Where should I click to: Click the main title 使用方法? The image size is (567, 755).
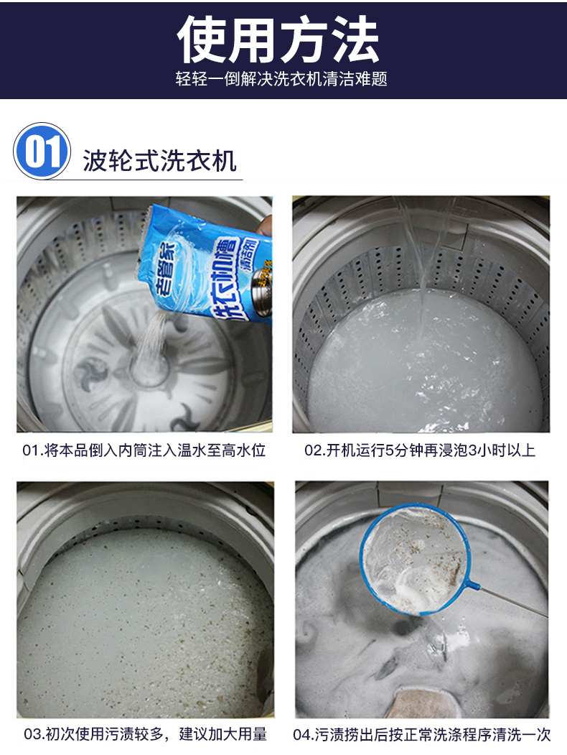coord(278,40)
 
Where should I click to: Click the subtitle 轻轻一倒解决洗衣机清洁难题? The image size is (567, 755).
coord(281,78)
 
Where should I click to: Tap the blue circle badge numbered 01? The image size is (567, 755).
coord(42,151)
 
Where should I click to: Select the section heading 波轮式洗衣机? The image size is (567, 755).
coord(159,160)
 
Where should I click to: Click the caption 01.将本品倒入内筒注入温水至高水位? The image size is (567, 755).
coord(144,450)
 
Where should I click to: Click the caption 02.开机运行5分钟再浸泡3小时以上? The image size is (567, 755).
coord(420,450)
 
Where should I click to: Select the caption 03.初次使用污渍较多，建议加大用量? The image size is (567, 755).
coord(145,734)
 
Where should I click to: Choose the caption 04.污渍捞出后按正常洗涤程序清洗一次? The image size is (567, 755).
coord(422,735)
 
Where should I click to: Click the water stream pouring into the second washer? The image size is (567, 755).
coord(424,255)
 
